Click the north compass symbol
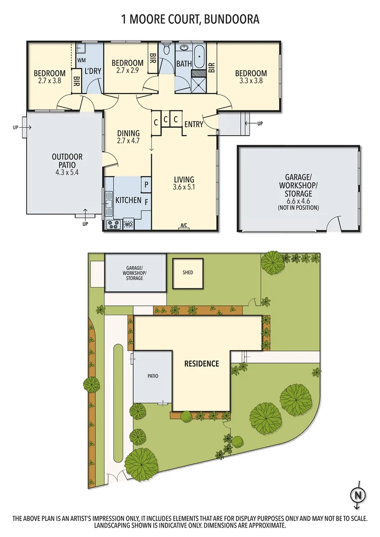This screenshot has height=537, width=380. (x=357, y=495)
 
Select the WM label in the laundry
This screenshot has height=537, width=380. (x=81, y=60)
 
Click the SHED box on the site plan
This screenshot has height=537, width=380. (x=188, y=272)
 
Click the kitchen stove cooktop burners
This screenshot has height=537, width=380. (x=113, y=224)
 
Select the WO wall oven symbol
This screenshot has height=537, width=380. (x=128, y=224)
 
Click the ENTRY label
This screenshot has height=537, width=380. (x=193, y=124)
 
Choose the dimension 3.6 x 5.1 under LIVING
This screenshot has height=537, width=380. (x=184, y=187)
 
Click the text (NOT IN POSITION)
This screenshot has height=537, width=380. (x=298, y=207)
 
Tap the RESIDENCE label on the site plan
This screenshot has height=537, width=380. (x=201, y=363)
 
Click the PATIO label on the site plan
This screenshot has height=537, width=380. (x=153, y=376)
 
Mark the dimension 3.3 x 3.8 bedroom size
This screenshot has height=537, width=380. (x=251, y=81)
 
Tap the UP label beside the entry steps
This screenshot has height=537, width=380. (x=260, y=123)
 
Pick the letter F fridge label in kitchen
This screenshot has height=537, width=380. (x=146, y=202)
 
